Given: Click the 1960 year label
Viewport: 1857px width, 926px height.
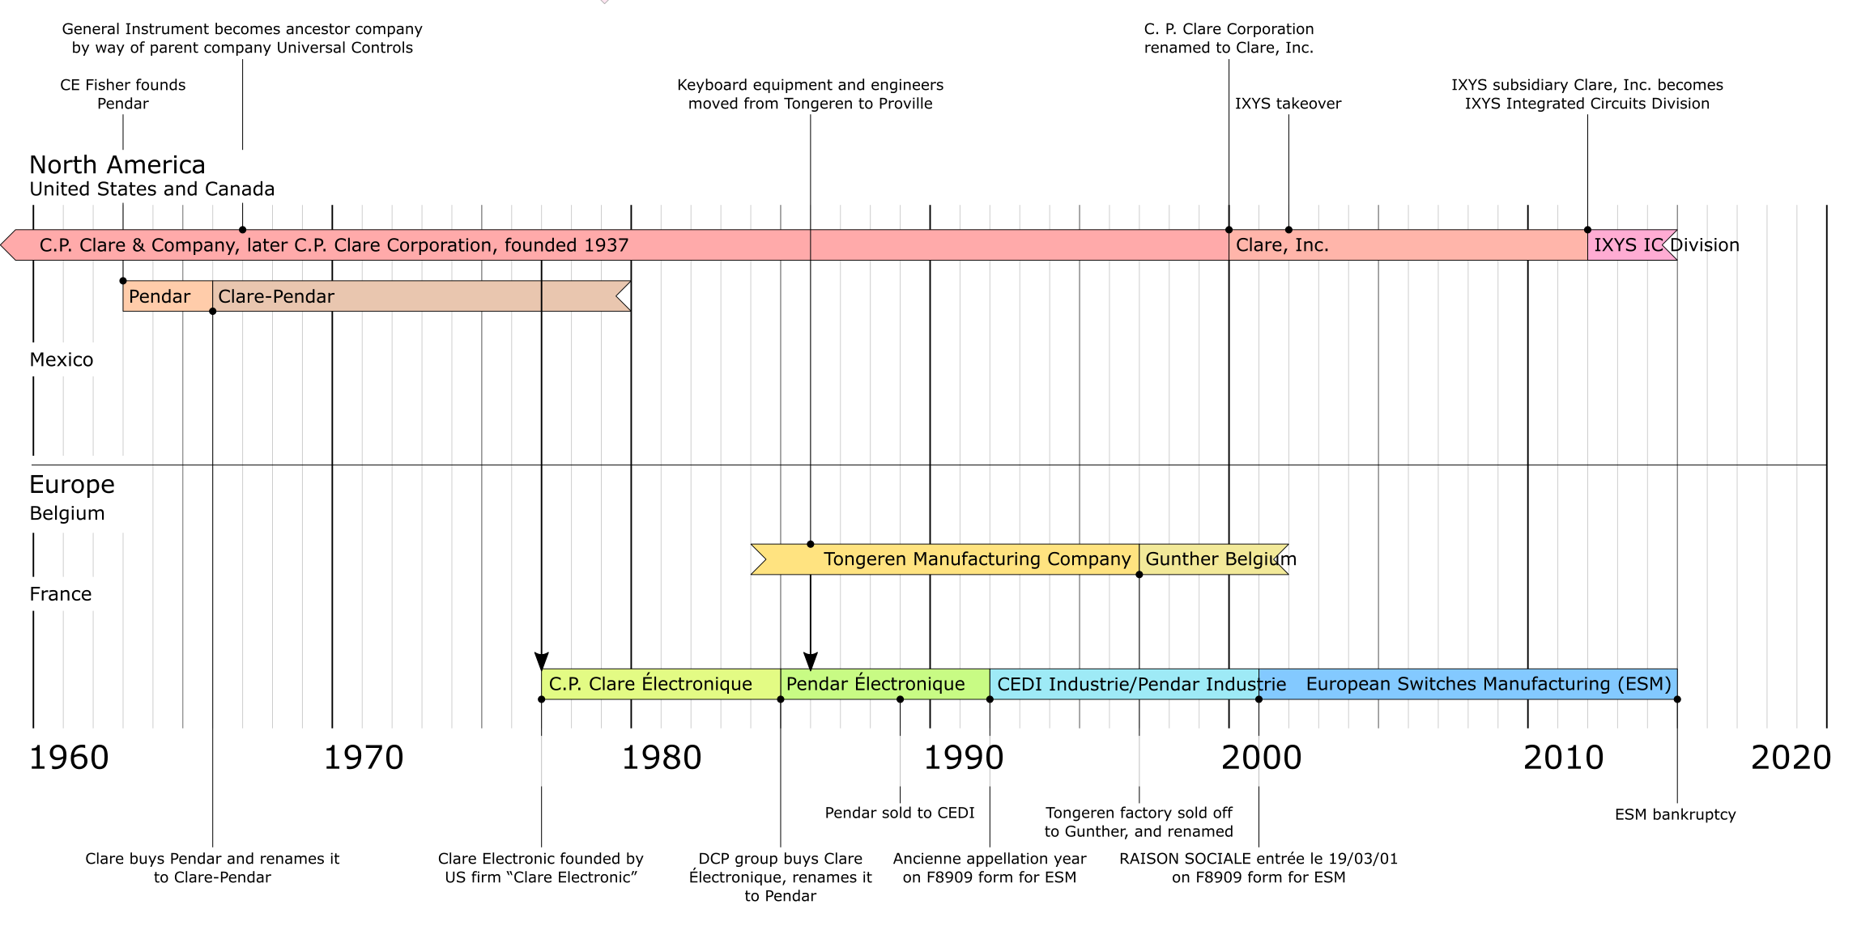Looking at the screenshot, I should point(69,758).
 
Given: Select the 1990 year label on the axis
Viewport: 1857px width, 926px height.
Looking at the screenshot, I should point(964,758).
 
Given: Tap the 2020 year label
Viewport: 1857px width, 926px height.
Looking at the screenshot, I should point(1791,758).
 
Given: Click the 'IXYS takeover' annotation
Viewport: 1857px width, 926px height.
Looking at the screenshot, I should point(1288,104).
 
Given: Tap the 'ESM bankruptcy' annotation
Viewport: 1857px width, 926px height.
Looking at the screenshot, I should point(1675,814).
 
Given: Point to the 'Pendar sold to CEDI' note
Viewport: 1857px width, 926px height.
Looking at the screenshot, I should point(899,813).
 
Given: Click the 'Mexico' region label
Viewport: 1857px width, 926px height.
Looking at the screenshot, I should point(62,360).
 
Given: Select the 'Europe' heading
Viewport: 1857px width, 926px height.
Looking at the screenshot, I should point(72,485).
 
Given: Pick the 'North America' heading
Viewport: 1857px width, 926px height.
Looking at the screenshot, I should point(117,165).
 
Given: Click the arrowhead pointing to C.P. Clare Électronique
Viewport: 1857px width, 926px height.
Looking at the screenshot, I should point(542,661).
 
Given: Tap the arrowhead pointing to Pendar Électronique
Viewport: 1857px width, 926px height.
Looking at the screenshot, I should point(811,661).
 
